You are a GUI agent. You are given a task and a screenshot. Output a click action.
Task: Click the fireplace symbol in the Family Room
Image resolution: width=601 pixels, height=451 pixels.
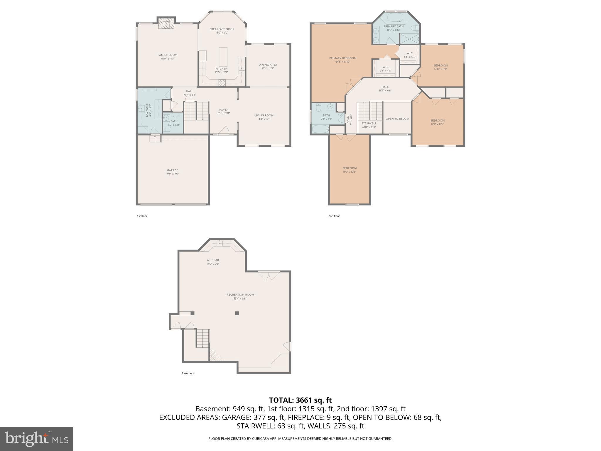[x=166, y=24]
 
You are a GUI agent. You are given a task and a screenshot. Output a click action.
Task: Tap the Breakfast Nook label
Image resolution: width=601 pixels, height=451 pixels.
[x=222, y=29]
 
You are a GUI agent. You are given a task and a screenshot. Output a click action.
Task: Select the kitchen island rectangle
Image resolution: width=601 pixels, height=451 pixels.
[x=223, y=57]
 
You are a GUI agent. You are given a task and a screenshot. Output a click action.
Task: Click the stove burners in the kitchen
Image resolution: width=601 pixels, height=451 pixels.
[x=222, y=83]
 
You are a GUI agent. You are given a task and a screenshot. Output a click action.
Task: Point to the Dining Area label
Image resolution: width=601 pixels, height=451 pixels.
[x=268, y=65]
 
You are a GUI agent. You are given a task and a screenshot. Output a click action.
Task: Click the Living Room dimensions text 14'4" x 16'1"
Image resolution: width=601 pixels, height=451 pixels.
[x=264, y=119]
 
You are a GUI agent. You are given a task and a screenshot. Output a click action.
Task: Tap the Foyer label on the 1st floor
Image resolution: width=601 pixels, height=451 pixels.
[x=224, y=110]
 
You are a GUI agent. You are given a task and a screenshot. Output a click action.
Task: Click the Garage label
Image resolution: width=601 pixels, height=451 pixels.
[x=173, y=170]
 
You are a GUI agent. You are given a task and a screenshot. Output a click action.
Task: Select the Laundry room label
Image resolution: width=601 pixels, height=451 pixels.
[x=147, y=110]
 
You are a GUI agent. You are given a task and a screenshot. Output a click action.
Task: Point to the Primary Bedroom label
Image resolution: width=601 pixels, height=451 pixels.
[x=342, y=58]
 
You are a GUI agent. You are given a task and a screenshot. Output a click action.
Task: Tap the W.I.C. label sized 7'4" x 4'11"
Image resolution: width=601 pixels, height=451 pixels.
[x=386, y=67]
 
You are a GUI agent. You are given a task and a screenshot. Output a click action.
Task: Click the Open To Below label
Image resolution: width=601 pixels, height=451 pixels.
[x=397, y=119]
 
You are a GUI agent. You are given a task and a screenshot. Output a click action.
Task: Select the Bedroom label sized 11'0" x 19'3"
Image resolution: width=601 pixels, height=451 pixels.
[x=349, y=168]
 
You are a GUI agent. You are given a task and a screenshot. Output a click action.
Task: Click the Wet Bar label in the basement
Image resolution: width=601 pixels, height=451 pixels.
[x=212, y=260]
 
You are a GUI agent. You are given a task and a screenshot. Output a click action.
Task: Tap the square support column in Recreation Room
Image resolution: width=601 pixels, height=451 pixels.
[x=237, y=313]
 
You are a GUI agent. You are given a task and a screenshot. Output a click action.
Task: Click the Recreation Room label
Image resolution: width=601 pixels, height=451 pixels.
[x=240, y=295]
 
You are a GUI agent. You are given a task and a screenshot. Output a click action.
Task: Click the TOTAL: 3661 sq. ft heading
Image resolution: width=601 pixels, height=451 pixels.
[x=300, y=400]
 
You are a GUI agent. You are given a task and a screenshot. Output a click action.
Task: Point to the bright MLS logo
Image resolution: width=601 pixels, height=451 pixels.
[x=36, y=439]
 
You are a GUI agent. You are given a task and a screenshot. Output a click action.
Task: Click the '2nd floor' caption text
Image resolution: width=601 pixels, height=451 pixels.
[x=334, y=216]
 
